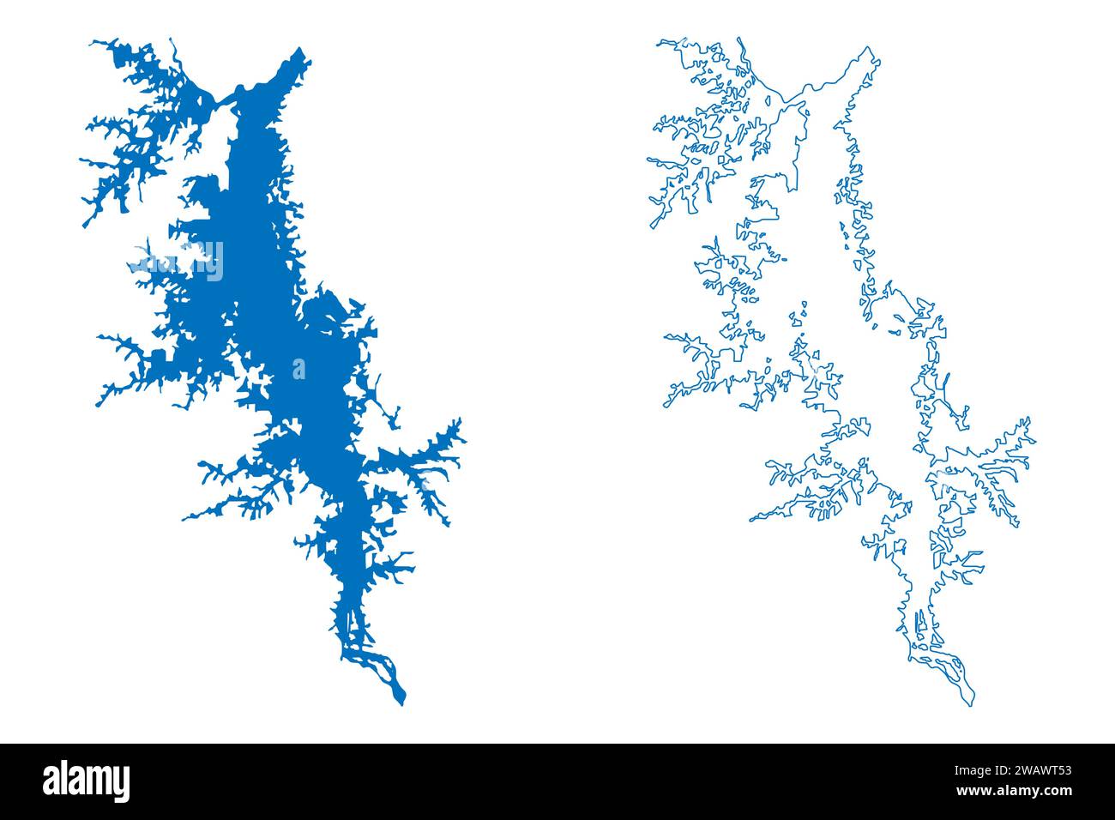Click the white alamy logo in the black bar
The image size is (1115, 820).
coord(87,781)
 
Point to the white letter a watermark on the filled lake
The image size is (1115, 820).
coord(298,369)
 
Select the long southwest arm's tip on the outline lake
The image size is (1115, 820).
coord(751,520)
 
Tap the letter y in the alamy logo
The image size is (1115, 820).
coord(121,785)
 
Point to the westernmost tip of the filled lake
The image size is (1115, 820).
coord(82,160)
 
